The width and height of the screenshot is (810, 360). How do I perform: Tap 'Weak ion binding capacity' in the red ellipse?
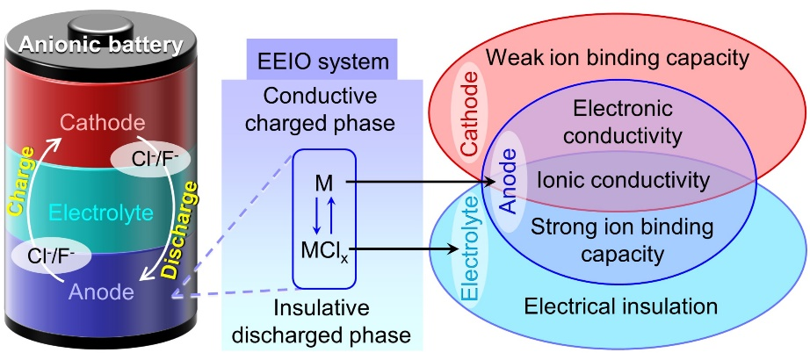(617, 59)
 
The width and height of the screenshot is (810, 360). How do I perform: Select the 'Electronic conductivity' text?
(621, 123)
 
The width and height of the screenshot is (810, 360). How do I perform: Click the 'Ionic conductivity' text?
(622, 181)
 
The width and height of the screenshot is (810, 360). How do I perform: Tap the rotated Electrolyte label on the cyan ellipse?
(470, 261)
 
